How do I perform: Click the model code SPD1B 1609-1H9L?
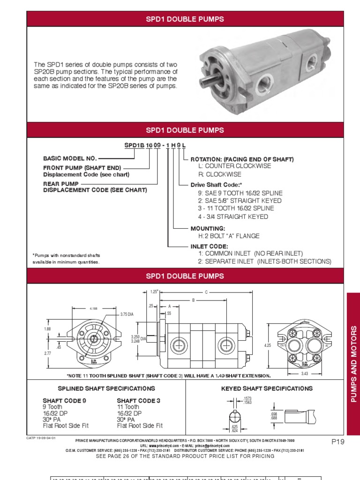pyautogui.click(x=155, y=146)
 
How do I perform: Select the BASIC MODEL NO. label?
pyautogui.click(x=70, y=159)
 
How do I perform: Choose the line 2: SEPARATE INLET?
pyautogui.click(x=264, y=261)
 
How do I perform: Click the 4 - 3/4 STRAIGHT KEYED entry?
pyautogui.click(x=232, y=217)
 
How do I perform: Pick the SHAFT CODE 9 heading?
pyautogui.click(x=65, y=401)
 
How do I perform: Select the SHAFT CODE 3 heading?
pyautogui.click(x=138, y=401)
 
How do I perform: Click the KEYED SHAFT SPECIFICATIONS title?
pyautogui.click(x=266, y=389)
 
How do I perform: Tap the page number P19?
pyautogui.click(x=337, y=442)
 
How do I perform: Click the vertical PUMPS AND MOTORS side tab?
pyautogui.click(x=353, y=364)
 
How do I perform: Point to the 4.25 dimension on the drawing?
pyautogui.click(x=268, y=345)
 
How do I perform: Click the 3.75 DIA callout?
pyautogui.click(x=127, y=314)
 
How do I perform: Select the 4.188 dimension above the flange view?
pyautogui.click(x=94, y=308)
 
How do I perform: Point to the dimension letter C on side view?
pyautogui.click(x=206, y=292)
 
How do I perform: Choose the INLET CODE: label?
pyautogui.click(x=209, y=246)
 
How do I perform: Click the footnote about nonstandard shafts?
pyautogui.click(x=66, y=258)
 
